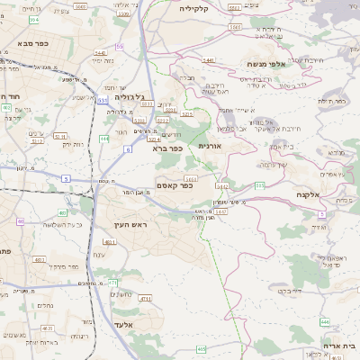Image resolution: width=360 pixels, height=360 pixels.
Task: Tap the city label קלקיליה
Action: click(193, 8)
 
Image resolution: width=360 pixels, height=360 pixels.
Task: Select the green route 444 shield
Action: click(105, 139)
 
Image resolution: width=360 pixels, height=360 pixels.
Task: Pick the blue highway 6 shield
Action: click(128, 149)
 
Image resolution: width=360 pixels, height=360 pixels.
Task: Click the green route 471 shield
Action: click(112, 283)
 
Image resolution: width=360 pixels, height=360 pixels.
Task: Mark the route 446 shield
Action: click(324, 321)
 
